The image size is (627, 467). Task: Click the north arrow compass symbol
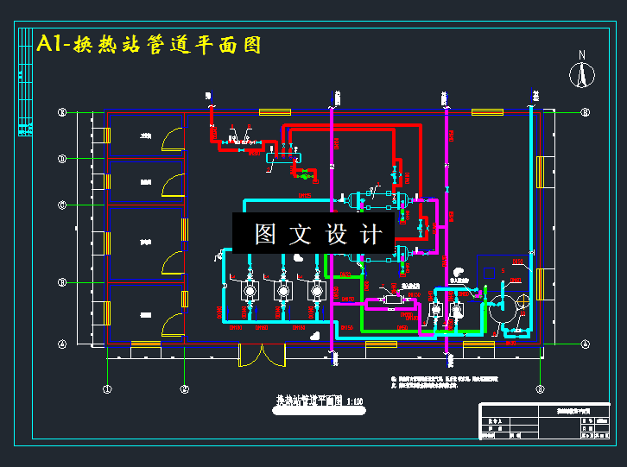tap(583, 73)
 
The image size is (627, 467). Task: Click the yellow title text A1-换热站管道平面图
tap(149, 44)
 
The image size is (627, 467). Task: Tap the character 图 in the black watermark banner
tap(265, 235)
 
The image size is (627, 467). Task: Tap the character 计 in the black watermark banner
tap(370, 235)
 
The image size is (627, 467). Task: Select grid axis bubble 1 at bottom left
tap(106, 389)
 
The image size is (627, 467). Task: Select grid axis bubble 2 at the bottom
tap(184, 389)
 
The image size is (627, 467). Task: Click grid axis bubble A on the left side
tap(61, 344)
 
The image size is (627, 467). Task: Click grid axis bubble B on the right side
tap(585, 112)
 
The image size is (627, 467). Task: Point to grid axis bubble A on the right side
tap(585, 344)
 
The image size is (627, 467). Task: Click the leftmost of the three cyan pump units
tap(250, 291)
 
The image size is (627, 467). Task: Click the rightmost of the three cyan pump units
tap(316, 291)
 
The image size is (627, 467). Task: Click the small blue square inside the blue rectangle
tap(490, 273)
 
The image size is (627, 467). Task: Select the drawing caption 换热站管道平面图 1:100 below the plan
tap(320, 401)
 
